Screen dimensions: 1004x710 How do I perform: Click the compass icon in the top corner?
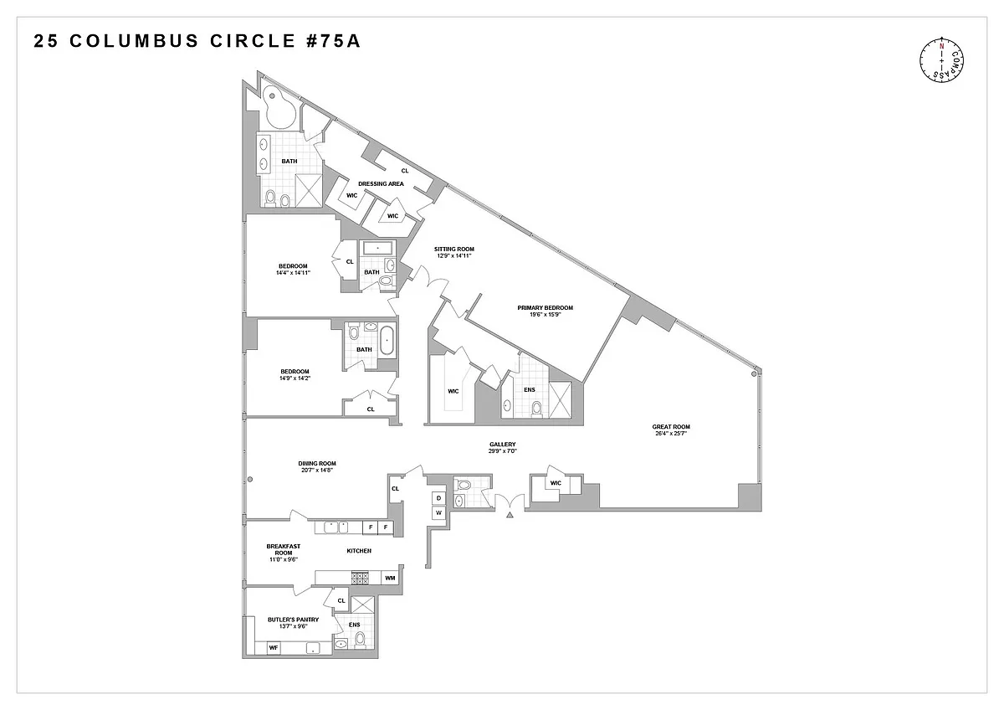942,60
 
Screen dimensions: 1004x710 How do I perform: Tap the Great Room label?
671,426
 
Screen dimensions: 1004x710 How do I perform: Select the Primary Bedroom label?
545,307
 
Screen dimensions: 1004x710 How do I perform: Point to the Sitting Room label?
454,249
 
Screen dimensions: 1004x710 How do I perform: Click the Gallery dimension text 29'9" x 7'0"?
503,450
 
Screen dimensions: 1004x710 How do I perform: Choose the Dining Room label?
317,463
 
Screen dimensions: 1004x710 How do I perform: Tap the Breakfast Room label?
284,549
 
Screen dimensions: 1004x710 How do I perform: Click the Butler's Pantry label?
293,620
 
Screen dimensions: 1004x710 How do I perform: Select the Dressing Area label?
381,183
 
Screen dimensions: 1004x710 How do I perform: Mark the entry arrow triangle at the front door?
510,515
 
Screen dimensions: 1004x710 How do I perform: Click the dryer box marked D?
438,498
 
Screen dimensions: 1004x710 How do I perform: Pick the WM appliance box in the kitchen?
390,578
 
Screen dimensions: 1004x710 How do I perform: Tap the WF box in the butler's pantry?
274,648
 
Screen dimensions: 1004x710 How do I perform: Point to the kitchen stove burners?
360,578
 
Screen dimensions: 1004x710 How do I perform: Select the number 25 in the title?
46,41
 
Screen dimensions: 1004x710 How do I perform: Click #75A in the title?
334,41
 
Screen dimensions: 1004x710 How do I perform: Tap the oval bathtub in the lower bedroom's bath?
387,341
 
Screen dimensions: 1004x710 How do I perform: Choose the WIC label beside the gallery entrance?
556,483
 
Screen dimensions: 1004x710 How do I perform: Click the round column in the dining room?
250,480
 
